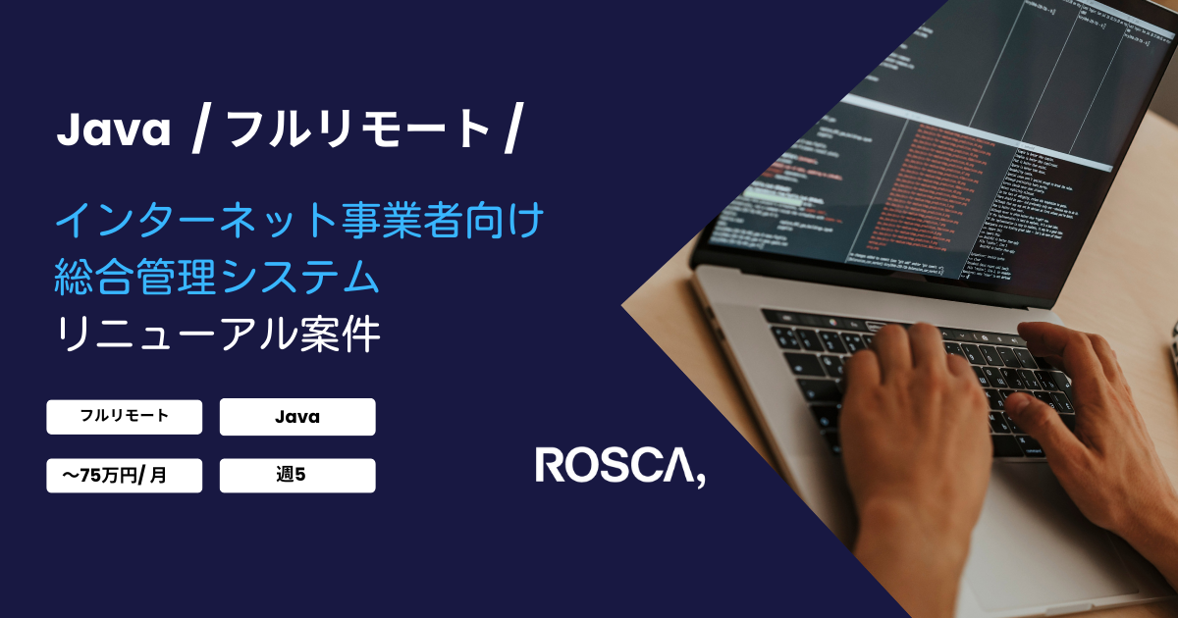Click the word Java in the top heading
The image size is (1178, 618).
click(x=114, y=129)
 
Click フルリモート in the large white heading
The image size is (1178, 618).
click(x=358, y=129)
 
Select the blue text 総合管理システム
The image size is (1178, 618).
click(x=217, y=279)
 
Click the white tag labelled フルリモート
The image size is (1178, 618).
click(x=124, y=416)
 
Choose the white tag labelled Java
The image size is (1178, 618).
click(x=297, y=417)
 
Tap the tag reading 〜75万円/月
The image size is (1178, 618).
click(x=124, y=476)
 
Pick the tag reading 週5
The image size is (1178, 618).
click(x=297, y=476)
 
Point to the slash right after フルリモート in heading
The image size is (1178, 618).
click(x=509, y=130)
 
